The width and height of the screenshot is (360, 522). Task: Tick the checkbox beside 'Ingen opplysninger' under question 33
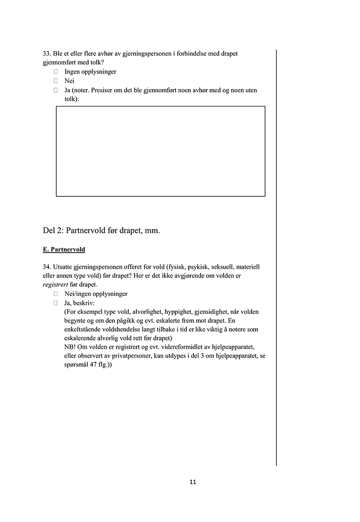coord(56,71)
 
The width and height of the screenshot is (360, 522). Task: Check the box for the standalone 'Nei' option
coord(56,81)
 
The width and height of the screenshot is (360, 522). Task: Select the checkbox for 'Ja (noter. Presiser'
coord(56,90)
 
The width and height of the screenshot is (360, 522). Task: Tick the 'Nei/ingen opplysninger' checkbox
coord(56,294)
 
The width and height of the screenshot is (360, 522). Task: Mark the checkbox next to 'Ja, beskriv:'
coord(56,303)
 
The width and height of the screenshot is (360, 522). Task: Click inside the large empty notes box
coord(160,151)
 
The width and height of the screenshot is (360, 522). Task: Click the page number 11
coord(193,482)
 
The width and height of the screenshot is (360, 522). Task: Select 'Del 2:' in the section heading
coord(53,231)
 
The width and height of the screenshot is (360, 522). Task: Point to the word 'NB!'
coord(71,347)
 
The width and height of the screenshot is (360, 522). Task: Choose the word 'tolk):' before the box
coord(72,99)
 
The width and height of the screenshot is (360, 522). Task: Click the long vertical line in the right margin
coord(276,256)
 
